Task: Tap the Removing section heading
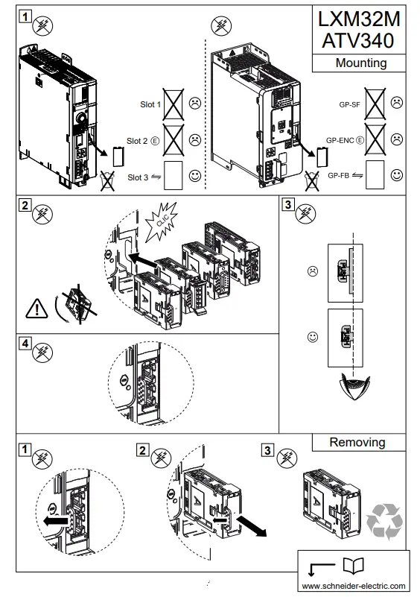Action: click(357, 442)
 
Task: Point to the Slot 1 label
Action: click(150, 104)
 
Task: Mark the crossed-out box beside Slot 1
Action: click(174, 101)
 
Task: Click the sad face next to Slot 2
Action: click(195, 139)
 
